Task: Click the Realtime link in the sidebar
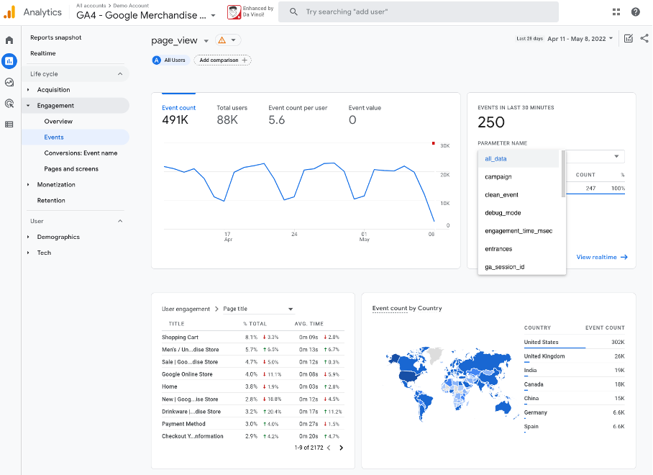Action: (43, 53)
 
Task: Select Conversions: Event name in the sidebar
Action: (81, 153)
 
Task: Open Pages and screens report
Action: (71, 168)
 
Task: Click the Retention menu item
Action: (51, 200)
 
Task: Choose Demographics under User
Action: (58, 237)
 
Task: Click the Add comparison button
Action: (222, 60)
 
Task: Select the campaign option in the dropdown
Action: (498, 176)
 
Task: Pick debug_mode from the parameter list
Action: (502, 212)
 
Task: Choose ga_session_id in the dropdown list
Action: (504, 267)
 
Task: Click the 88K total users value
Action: (227, 120)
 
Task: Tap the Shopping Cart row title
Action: (180, 337)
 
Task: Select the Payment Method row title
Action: (183, 424)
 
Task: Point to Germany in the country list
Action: (536, 412)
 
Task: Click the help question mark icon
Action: (636, 12)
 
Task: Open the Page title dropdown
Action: (258, 309)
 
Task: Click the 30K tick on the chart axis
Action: (444, 145)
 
